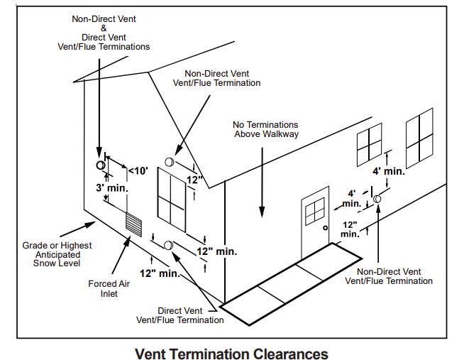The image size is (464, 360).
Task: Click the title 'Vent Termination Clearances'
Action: [232, 353]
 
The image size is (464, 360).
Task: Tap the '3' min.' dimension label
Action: [111, 188]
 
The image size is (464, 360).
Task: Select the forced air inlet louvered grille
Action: [134, 222]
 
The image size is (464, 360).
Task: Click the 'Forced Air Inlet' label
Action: [108, 288]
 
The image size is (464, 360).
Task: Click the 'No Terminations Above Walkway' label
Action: [265, 129]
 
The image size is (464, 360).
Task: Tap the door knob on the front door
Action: [324, 228]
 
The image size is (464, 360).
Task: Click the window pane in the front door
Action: [314, 211]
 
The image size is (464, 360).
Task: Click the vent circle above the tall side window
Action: [170, 163]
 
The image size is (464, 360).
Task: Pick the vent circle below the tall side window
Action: [169, 245]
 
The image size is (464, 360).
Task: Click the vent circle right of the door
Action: [377, 200]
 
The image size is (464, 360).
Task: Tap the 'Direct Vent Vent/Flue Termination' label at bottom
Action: [180, 315]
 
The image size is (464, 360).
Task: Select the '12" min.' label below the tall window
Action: [217, 251]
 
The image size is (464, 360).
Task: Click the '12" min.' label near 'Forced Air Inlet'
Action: [160, 273]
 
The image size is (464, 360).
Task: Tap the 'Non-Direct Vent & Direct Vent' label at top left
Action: [104, 32]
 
